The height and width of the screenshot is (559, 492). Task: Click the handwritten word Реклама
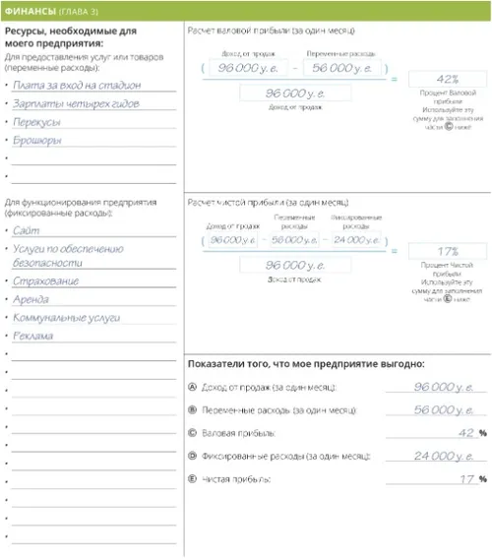33,336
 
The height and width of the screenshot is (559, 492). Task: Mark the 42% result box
447,79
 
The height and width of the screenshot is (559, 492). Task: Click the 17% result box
447,252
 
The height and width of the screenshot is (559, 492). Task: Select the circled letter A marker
192,387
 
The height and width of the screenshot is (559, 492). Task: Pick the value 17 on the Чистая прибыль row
467,479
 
